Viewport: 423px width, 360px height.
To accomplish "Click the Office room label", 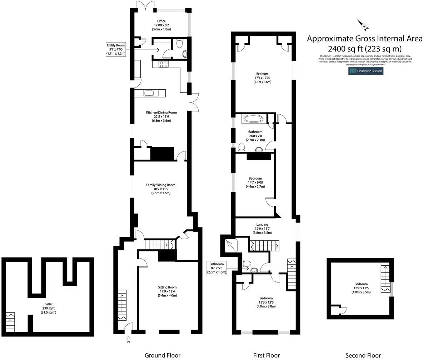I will coord(161,25).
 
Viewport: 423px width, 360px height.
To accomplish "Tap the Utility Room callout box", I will coord(116,49).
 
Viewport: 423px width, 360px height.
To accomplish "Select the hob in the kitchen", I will coord(164,64).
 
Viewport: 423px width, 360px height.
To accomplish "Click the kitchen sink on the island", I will coord(150,93).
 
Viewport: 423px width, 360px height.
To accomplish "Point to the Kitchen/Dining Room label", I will coord(161,116).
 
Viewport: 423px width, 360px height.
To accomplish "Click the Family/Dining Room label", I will coord(161,189).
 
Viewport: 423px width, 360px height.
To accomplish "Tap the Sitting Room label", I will coord(167,291).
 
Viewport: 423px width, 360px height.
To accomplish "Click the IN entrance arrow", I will coord(128,339).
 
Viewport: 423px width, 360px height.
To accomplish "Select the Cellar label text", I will coord(48,308).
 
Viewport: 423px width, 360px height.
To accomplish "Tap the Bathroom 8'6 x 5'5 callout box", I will coord(217,268).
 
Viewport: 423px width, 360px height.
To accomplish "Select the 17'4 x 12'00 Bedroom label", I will coord(262,78).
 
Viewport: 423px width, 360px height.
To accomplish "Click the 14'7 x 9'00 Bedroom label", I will coord(255,182).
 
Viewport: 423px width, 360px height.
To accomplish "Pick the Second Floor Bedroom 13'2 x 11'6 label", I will coord(360,288).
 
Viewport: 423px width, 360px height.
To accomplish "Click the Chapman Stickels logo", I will coord(366,71).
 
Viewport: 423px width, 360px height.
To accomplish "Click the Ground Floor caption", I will coord(162,355).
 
